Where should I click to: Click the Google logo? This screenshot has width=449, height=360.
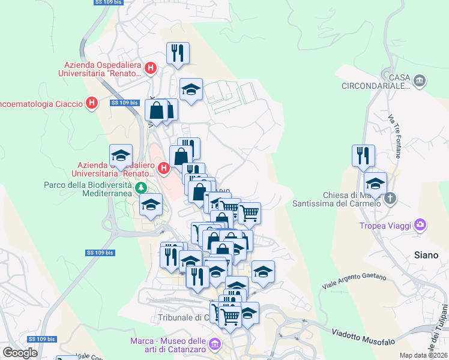coord(20,353)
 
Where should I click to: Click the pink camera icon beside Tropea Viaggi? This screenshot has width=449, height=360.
coord(420,225)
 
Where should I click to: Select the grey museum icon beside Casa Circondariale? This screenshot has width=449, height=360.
coord(420,79)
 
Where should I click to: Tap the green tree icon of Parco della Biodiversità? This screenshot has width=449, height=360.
coord(142,188)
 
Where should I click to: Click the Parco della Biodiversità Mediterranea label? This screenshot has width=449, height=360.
coord(88,189)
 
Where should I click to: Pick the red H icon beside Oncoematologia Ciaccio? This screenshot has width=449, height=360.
coord(92,103)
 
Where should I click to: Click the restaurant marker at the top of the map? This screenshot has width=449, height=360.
coord(178,53)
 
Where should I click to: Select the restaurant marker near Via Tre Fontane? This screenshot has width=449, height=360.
coord(363,156)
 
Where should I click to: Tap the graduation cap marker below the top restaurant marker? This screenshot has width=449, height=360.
coord(191,90)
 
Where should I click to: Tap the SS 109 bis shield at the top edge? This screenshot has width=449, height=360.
coord(107,2)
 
